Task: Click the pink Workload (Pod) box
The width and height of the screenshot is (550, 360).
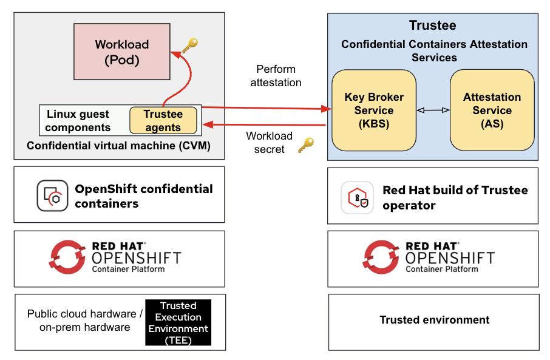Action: click(x=121, y=52)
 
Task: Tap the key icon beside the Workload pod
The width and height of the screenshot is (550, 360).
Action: click(x=190, y=46)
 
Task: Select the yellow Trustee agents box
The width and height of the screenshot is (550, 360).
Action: click(x=163, y=120)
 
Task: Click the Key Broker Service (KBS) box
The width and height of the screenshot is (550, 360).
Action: click(x=373, y=110)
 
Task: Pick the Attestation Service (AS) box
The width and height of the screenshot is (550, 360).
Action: click(x=492, y=110)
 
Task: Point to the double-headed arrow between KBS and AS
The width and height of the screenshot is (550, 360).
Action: click(x=433, y=110)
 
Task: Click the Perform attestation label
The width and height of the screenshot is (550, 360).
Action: click(x=276, y=75)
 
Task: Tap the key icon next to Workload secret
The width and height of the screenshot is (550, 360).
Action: click(x=306, y=146)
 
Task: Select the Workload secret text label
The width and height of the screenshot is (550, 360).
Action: click(x=269, y=143)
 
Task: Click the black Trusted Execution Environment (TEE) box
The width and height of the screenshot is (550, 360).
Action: click(x=178, y=322)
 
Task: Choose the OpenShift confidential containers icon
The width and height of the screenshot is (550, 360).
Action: click(x=52, y=195)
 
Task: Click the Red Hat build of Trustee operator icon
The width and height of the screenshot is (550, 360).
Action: click(x=357, y=197)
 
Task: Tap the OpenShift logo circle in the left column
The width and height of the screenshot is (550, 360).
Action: click(x=67, y=257)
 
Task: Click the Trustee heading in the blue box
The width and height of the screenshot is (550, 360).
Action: click(x=432, y=25)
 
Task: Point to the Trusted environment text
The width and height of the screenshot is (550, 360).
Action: click(x=434, y=320)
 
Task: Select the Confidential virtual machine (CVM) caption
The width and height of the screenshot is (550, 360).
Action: click(x=118, y=146)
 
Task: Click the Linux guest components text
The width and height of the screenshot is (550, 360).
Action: click(x=78, y=120)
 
